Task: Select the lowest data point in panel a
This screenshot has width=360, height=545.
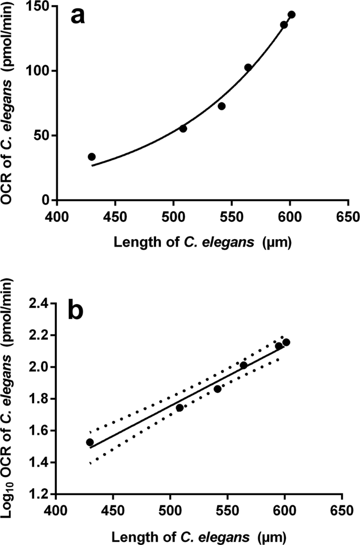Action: coord(91,157)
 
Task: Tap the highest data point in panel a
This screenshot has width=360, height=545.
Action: coord(292,15)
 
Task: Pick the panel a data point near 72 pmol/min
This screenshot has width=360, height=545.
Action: coord(222,106)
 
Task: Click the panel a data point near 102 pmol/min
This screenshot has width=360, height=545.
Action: coord(248,67)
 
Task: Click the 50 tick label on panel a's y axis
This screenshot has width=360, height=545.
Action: coord(45,136)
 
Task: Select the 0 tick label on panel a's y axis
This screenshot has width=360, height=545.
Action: coord(48,200)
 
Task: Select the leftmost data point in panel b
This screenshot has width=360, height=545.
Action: coord(90,442)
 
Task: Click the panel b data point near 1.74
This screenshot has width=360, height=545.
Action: coord(180,408)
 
